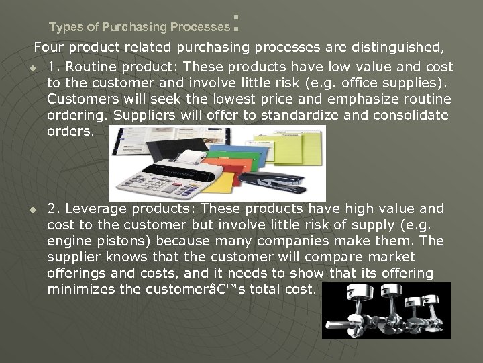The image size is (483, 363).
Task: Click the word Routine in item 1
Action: (x=97, y=67)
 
